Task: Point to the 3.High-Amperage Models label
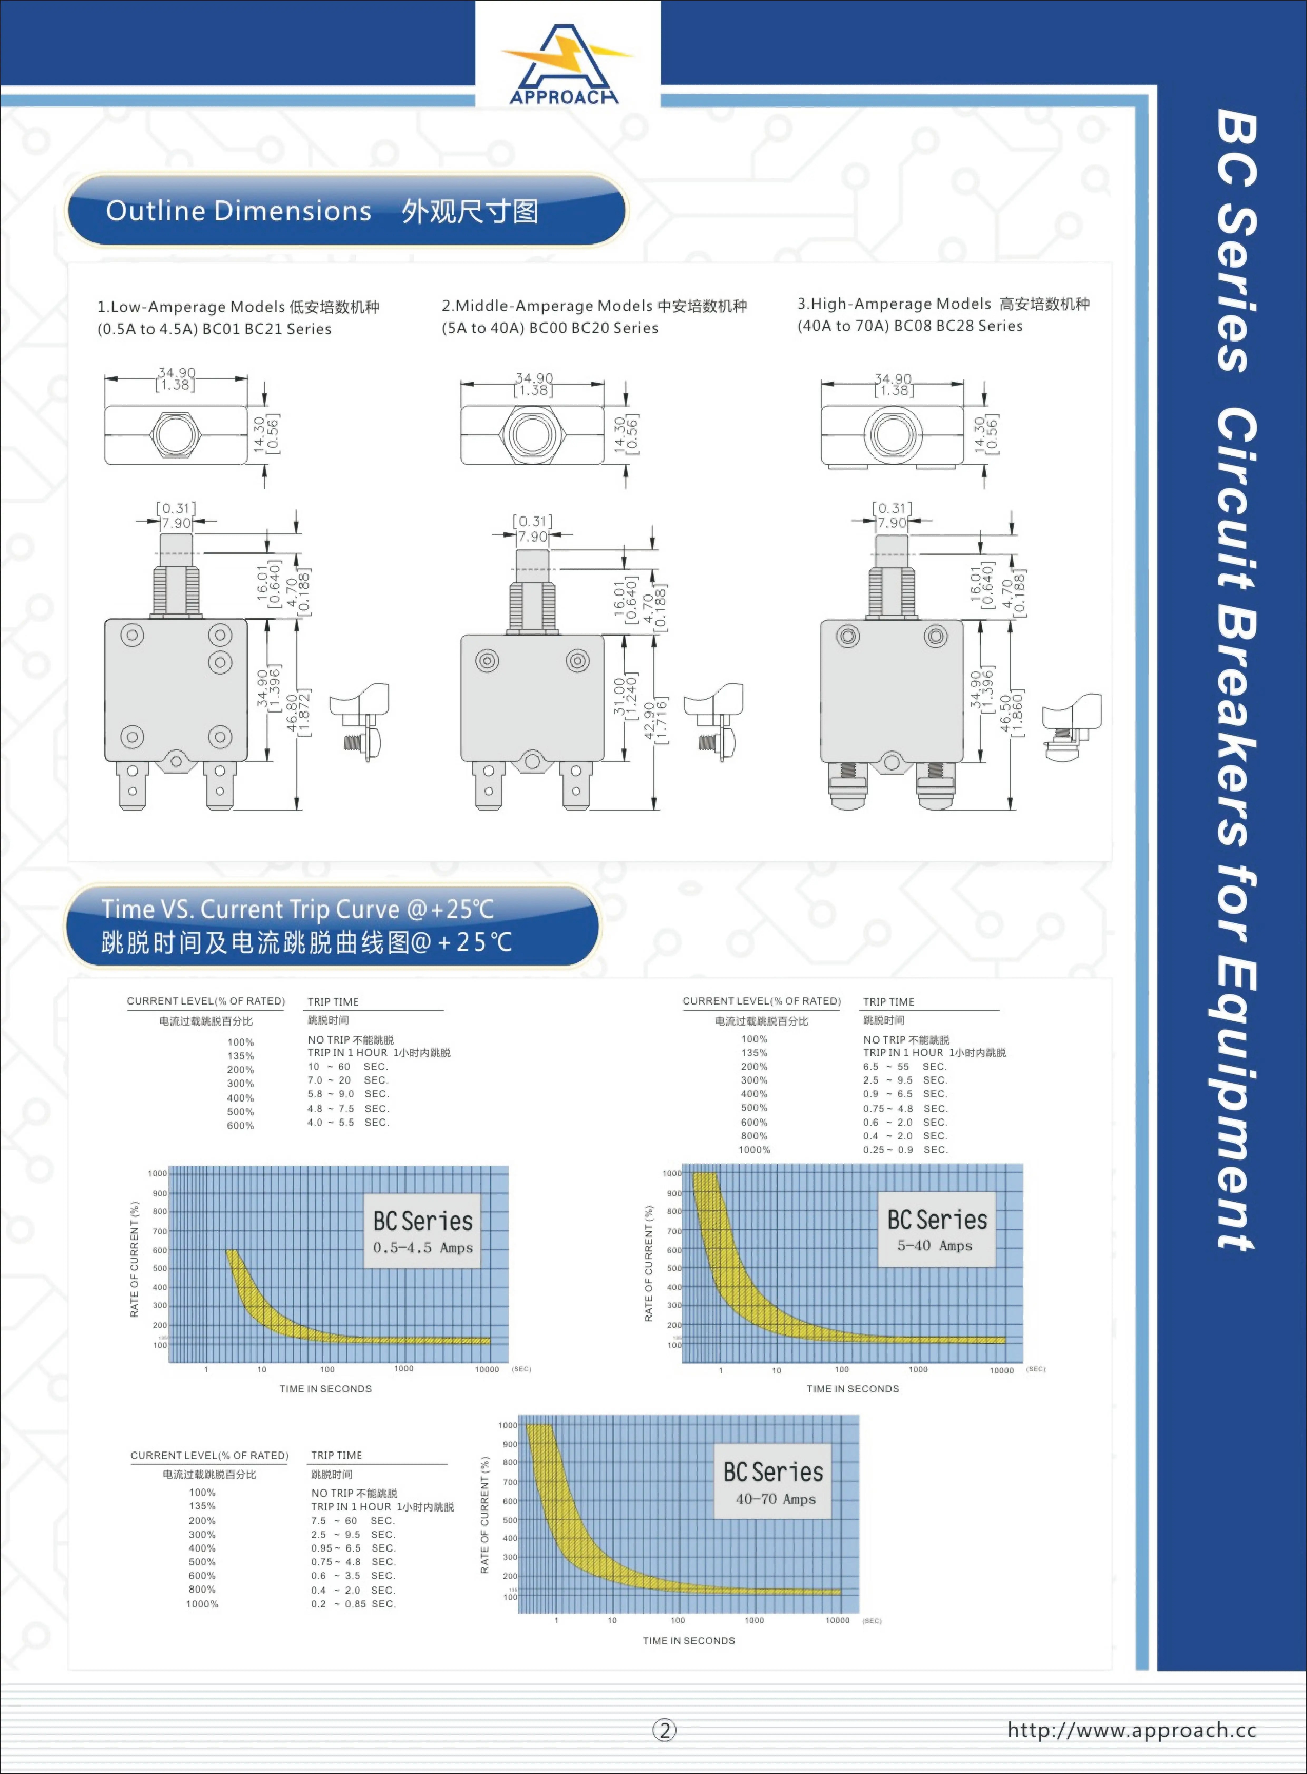[x=943, y=304]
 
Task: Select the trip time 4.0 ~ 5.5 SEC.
[x=348, y=1122]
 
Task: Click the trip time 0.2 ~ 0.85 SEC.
[x=353, y=1604]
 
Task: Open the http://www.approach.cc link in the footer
[x=1131, y=1730]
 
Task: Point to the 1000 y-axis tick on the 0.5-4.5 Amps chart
[x=158, y=1173]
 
